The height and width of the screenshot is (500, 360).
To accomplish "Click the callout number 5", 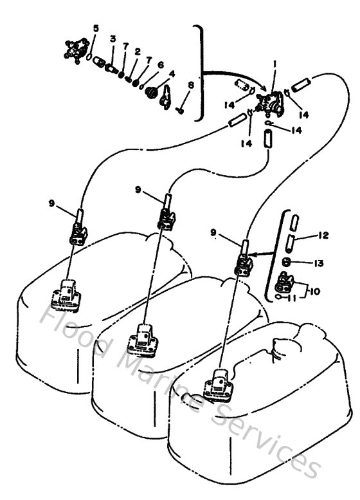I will [x=96, y=28].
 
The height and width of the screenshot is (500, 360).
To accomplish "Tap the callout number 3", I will [x=112, y=40].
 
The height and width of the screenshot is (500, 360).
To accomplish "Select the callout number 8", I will [x=190, y=86].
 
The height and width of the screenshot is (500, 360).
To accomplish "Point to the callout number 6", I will [x=161, y=65].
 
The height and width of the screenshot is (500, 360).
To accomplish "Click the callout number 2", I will [x=138, y=51].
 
